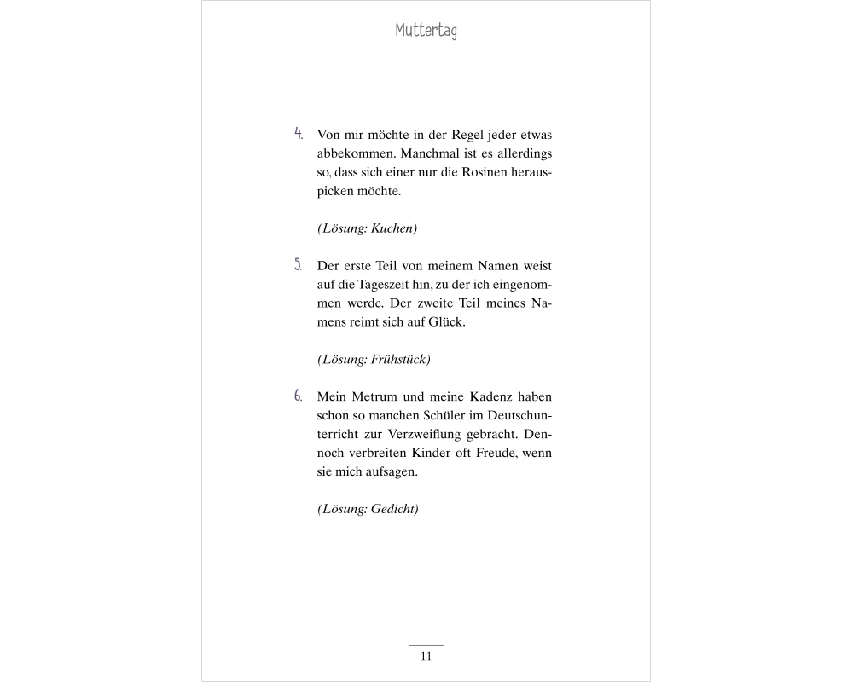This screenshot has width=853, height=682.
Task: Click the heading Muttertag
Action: pyautogui.click(x=426, y=31)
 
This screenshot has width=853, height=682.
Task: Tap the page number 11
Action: pyautogui.click(x=426, y=656)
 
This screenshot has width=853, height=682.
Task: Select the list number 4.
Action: pyautogui.click(x=299, y=134)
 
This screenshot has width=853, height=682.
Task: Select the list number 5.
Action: pyautogui.click(x=299, y=264)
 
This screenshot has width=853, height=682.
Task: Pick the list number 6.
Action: pyautogui.click(x=299, y=396)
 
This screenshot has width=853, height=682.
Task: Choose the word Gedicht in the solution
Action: pyautogui.click(x=393, y=510)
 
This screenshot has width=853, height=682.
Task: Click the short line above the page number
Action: pyautogui.click(x=426, y=646)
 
